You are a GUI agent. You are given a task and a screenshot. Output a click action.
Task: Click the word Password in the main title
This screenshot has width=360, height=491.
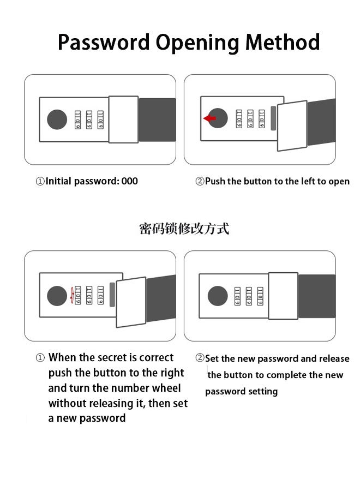(x=104, y=42)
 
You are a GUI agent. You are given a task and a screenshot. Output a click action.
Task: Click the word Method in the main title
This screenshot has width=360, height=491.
(x=282, y=42)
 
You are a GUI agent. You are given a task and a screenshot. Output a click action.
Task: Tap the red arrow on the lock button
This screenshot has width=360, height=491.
(x=209, y=118)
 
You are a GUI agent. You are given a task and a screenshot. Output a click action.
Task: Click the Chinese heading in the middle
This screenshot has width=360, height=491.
(x=184, y=229)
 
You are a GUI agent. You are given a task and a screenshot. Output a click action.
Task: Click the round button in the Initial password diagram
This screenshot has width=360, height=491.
(x=57, y=119)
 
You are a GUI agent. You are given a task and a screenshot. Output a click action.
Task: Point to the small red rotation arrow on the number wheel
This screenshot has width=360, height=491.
(x=72, y=295)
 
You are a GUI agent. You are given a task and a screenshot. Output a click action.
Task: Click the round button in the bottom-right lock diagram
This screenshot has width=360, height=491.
(x=218, y=296)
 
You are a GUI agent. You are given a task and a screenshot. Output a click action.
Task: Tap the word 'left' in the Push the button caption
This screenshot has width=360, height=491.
(x=308, y=181)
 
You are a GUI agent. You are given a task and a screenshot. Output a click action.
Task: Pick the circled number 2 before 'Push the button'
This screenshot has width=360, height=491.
(x=200, y=181)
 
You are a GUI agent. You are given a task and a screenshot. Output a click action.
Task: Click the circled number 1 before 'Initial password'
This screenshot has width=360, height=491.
(x=40, y=181)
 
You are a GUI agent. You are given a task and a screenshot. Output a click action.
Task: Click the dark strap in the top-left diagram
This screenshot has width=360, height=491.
(x=157, y=119)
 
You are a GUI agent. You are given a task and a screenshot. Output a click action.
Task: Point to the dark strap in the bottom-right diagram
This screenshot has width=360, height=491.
(x=316, y=296)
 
